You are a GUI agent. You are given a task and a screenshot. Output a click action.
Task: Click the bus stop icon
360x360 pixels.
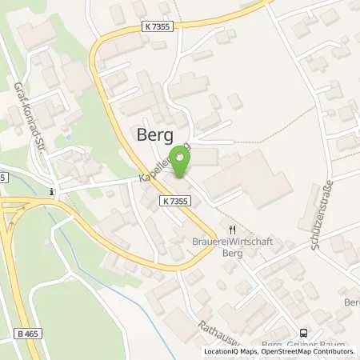click(303, 333)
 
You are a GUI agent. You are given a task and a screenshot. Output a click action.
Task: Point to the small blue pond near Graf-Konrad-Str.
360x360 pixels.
click(69, 137)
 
